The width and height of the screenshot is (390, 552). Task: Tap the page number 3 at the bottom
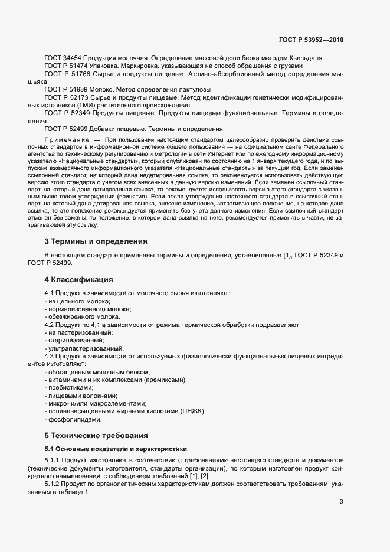(341, 486)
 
